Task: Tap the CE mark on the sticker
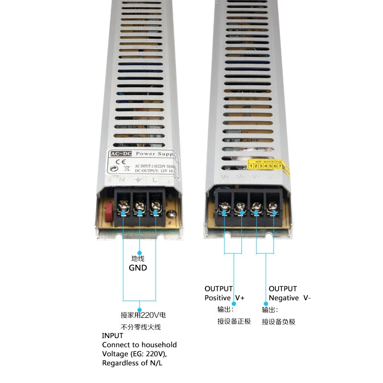[x=118, y=162]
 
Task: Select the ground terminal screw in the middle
[x=140, y=207]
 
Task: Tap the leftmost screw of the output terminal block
[x=224, y=207]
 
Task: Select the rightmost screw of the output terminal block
[x=273, y=207]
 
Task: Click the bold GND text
[x=138, y=268]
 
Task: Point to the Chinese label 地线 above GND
[x=138, y=259]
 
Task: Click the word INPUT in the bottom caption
[x=113, y=336]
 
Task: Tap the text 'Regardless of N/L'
[x=131, y=363]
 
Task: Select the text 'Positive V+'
[x=225, y=298]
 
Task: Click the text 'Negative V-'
[x=290, y=298]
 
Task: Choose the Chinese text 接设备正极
[x=234, y=321]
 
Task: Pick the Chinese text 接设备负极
[x=279, y=322]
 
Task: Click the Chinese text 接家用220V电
[x=143, y=315]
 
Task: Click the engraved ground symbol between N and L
[x=137, y=180]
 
